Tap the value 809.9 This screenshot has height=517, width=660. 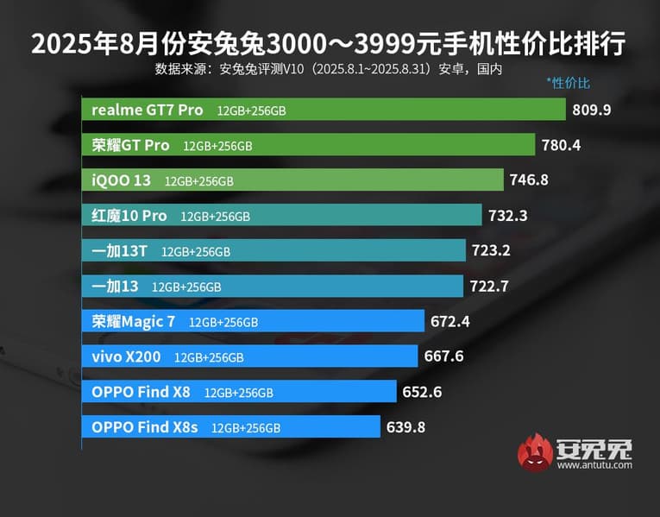click(591, 110)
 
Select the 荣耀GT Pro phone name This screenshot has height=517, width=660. click(130, 145)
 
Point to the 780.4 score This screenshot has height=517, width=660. click(561, 145)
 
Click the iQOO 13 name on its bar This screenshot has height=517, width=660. click(122, 180)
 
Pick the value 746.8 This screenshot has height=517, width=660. click(529, 180)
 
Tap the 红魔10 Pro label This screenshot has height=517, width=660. click(129, 216)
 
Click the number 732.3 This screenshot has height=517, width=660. click(507, 216)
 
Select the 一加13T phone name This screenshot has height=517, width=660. click(120, 251)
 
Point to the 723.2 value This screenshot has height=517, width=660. click(491, 251)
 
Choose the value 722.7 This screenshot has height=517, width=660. click(489, 286)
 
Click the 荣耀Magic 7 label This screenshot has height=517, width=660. click(134, 322)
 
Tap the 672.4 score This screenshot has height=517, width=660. click(449, 322)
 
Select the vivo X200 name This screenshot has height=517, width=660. click(126, 356)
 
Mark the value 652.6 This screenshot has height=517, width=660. click(422, 392)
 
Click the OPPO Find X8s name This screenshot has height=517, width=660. click(145, 426)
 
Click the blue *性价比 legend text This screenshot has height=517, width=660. click(568, 84)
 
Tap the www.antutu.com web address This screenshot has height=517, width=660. click(594, 464)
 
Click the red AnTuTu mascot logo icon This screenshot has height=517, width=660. click(535, 453)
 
